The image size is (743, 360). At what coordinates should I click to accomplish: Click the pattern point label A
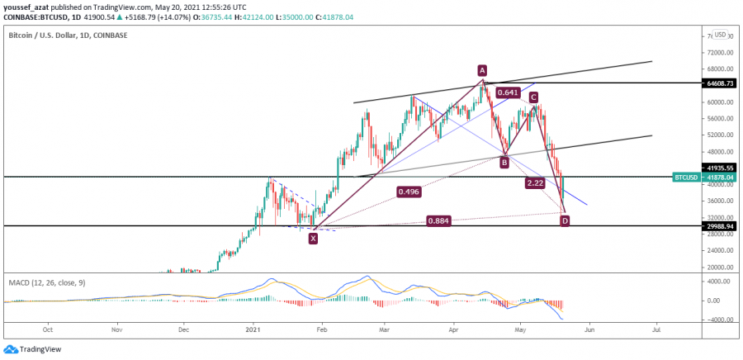pos(481,70)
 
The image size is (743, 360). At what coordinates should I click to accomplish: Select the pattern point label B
pos(504,163)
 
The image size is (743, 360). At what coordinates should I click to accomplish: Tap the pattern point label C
pos(534,97)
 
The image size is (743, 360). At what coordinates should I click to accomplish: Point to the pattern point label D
pos(565,220)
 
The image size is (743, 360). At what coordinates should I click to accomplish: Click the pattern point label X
pos(313,238)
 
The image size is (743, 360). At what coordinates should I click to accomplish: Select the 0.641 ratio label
pos(508,92)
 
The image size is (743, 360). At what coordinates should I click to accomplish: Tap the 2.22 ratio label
pos(534,182)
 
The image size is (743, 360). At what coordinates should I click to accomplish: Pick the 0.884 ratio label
pos(438,220)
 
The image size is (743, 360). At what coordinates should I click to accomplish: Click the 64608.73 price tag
pos(715,83)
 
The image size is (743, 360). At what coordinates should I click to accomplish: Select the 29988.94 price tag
pos(715,225)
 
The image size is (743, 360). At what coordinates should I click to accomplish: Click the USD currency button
pos(720,35)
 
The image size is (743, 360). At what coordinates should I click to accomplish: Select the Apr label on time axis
pos(452,328)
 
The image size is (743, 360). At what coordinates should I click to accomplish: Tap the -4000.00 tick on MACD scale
pos(715,320)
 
